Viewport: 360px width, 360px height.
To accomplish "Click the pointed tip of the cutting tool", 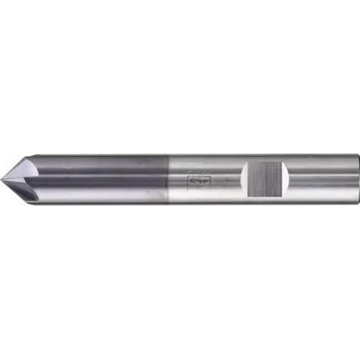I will (2, 179).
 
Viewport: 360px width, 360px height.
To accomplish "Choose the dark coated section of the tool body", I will (98, 180).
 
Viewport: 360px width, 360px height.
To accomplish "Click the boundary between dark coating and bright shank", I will (168, 180).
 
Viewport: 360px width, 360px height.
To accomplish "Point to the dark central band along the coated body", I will (98, 182).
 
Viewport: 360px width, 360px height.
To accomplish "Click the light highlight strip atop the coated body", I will (98, 161).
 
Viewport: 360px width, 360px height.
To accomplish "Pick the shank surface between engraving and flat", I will (219, 180).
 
